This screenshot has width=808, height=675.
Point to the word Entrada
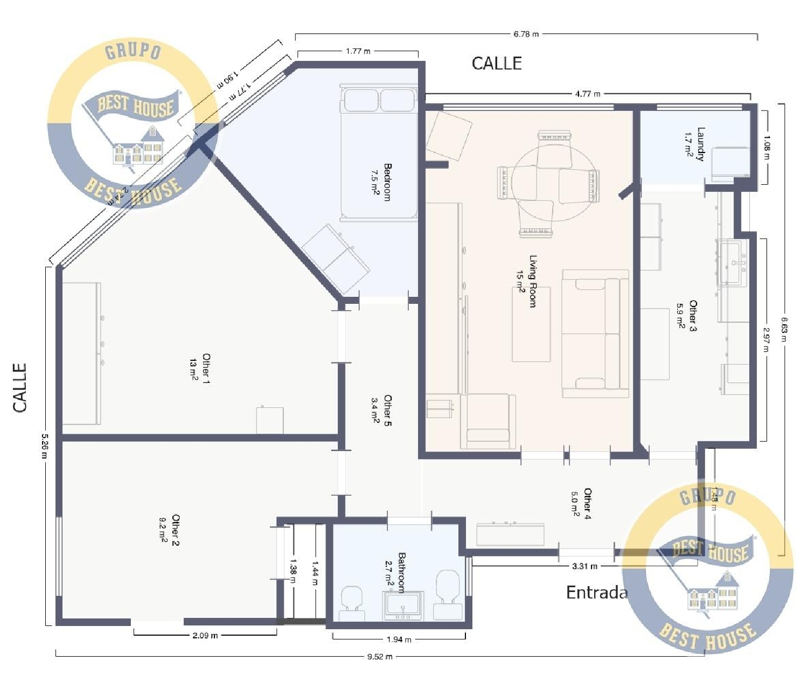coord(597,593)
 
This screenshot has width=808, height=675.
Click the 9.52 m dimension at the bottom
coord(380,657)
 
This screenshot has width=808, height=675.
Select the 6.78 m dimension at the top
coord(526,34)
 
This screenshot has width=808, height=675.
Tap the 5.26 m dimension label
coord(45,447)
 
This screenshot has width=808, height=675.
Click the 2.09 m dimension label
coord(205,636)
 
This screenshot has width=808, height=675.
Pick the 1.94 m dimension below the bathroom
coord(399,639)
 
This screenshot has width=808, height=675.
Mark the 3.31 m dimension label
coord(584,566)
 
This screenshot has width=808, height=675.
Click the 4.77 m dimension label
coord(587,94)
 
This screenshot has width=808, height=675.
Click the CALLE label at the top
coord(497,64)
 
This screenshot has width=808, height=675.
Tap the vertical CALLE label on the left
coord(20,388)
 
